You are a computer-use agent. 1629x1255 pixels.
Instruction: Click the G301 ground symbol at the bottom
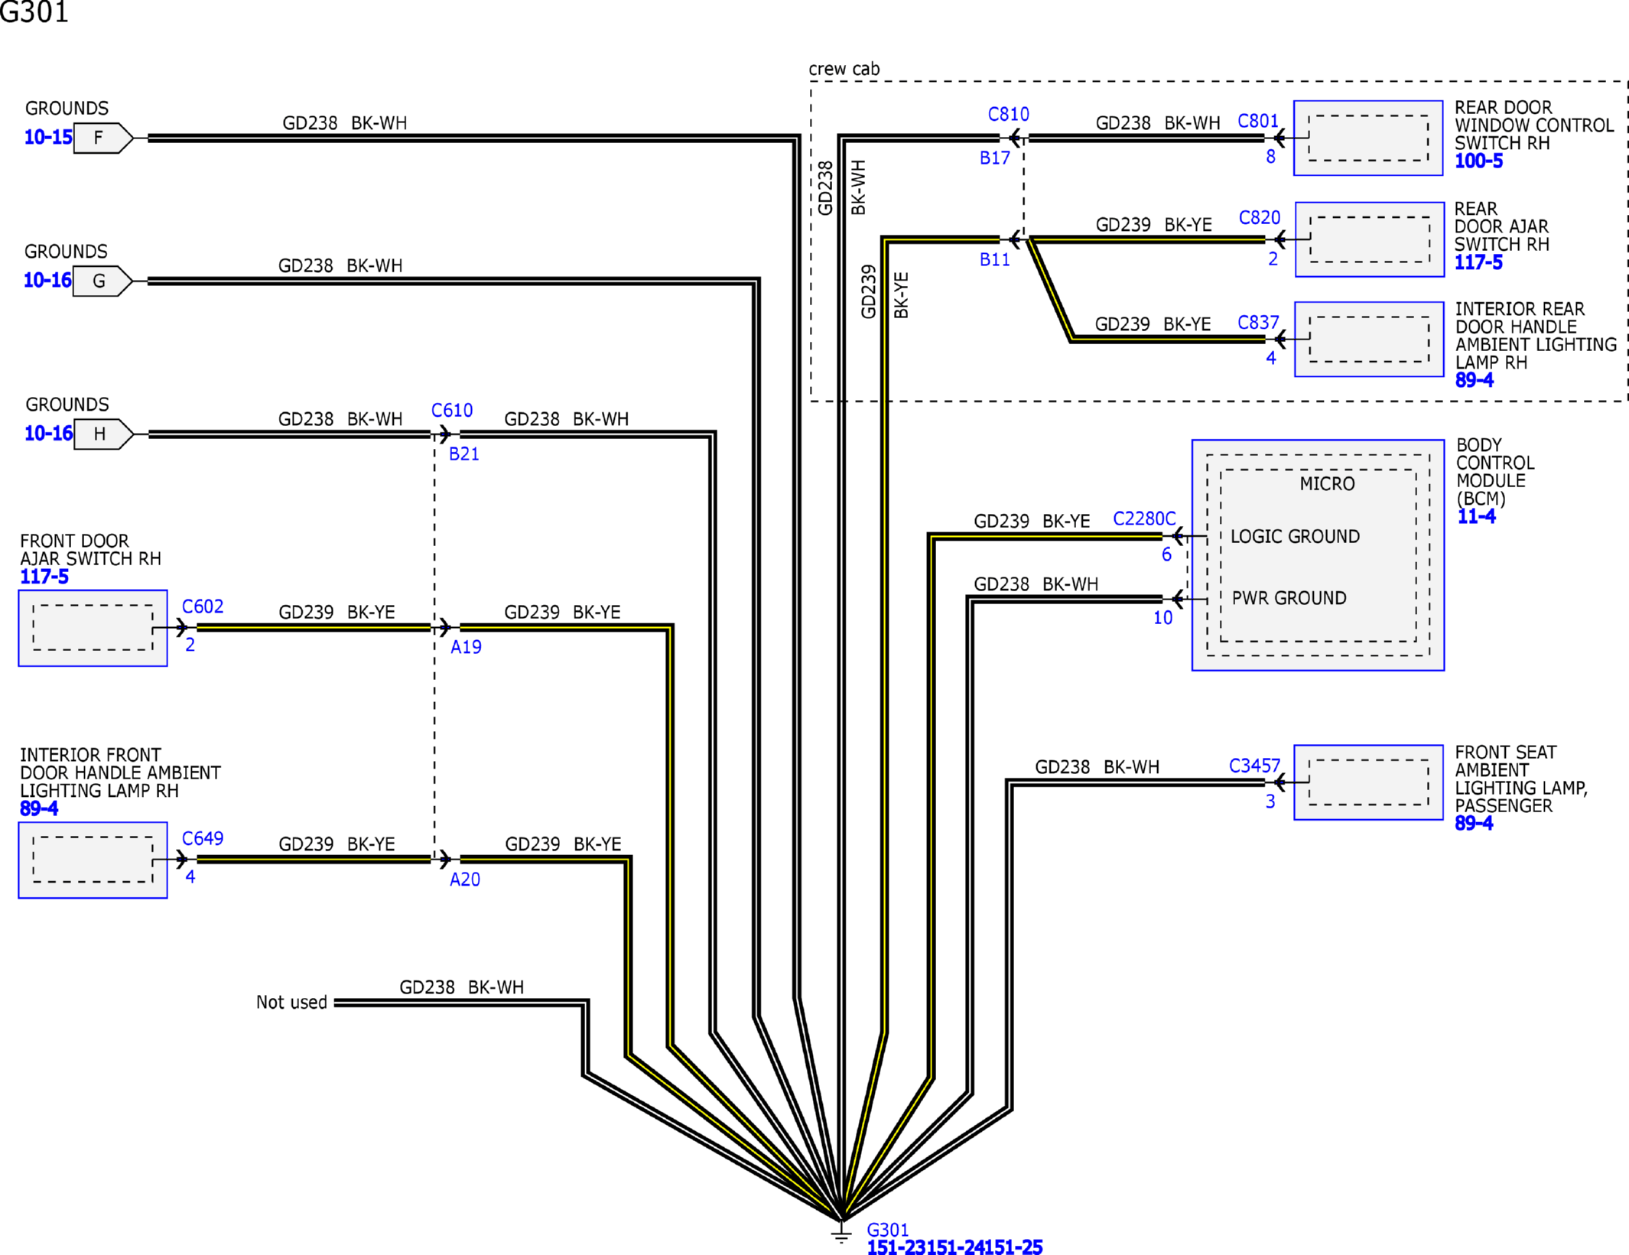[x=841, y=1232]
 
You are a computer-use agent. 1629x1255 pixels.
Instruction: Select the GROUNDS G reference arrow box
[x=102, y=281]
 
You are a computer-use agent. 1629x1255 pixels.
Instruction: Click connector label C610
[x=451, y=410]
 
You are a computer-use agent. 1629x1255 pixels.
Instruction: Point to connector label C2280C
[x=1143, y=519]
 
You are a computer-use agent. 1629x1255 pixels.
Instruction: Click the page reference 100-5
[x=1478, y=161]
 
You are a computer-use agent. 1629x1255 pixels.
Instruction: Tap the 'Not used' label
[x=291, y=1002]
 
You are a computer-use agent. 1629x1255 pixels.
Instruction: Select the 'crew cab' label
[x=844, y=69]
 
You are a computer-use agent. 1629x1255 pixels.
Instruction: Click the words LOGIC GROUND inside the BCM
[x=1294, y=536]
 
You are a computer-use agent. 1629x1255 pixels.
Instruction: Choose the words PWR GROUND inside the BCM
[x=1288, y=598]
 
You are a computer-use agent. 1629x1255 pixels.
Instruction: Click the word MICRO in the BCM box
[x=1327, y=483]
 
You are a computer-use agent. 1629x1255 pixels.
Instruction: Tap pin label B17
[x=994, y=158]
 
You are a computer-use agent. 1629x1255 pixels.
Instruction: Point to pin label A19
[x=465, y=647]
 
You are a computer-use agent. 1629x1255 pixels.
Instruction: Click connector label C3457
[x=1253, y=766]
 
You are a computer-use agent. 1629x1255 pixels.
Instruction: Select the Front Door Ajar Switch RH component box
[x=93, y=628]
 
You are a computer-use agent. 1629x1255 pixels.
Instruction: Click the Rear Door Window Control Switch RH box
[x=1367, y=138]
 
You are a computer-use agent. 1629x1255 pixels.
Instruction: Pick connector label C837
[x=1258, y=323]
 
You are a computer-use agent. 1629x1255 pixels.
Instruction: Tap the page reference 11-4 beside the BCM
[x=1475, y=516]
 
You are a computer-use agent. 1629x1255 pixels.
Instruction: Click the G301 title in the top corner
[x=34, y=12]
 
